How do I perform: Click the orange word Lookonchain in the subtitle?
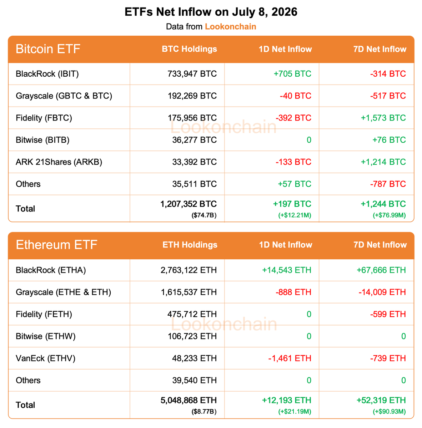pyautogui.click(x=230, y=27)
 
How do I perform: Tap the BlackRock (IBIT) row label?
pyautogui.click(x=47, y=74)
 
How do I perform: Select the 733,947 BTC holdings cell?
pyautogui.click(x=192, y=74)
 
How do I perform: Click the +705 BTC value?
pyautogui.click(x=292, y=74)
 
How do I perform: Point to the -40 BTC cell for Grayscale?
pyautogui.click(x=296, y=96)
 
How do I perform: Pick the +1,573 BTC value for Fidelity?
pyautogui.click(x=383, y=118)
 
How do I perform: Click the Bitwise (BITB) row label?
pyautogui.click(x=42, y=140)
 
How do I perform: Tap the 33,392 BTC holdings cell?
pyautogui.click(x=195, y=162)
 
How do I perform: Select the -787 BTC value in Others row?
pyautogui.click(x=388, y=184)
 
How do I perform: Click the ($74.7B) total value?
pyautogui.click(x=204, y=215)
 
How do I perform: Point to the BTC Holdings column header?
pyautogui.click(x=190, y=49)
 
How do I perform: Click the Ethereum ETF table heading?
pyautogui.click(x=56, y=245)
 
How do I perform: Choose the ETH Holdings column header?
pyautogui.click(x=190, y=245)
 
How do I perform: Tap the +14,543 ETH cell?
pyautogui.click(x=287, y=270)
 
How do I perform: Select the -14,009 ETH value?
pyautogui.click(x=382, y=292)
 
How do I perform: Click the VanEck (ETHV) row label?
pyautogui.click(x=46, y=358)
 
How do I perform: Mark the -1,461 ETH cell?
pyautogui.click(x=290, y=358)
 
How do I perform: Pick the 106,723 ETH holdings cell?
pyautogui.click(x=192, y=336)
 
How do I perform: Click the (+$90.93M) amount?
pyautogui.click(x=389, y=412)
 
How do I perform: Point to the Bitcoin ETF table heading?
pyautogui.click(x=48, y=49)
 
